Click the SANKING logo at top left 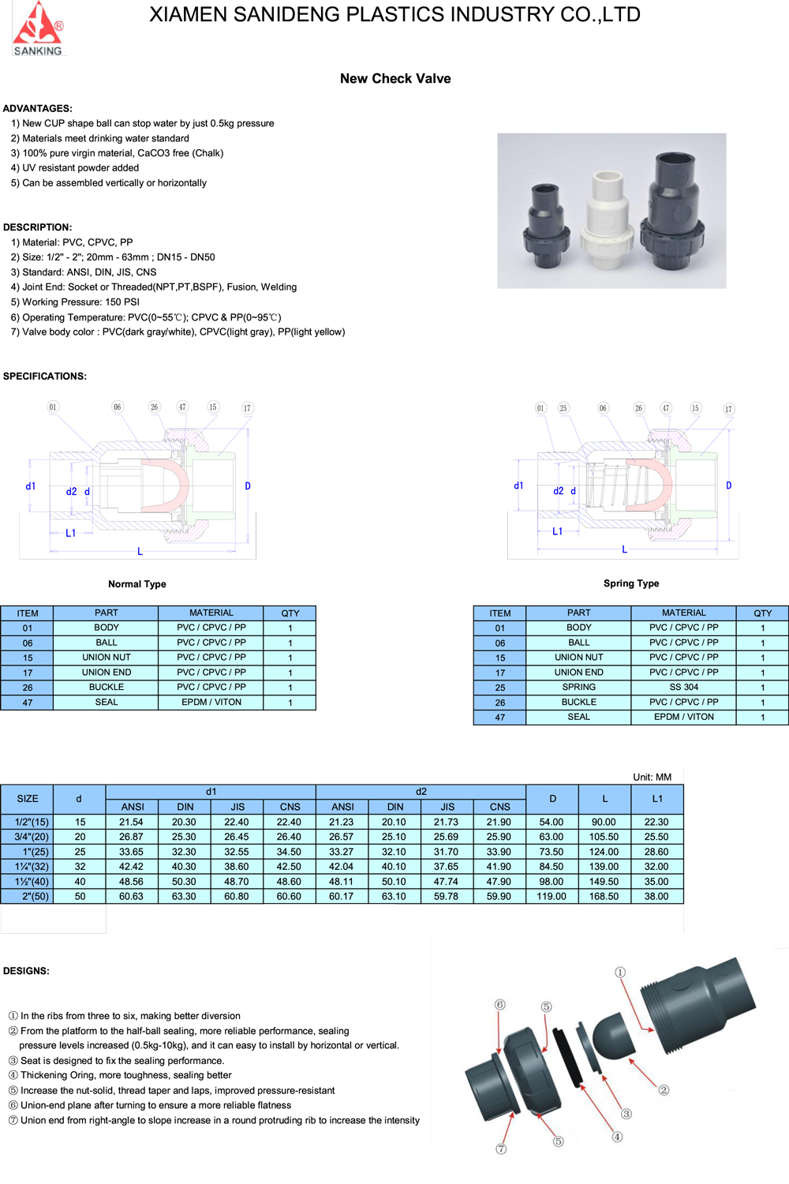pyautogui.click(x=37, y=29)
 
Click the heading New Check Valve pyautogui.click(x=395, y=79)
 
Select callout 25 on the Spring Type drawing pyautogui.click(x=563, y=408)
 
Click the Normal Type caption pyautogui.click(x=137, y=584)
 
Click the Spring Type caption pyautogui.click(x=631, y=583)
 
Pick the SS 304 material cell pyautogui.click(x=683, y=688)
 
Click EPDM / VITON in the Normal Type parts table pyautogui.click(x=211, y=703)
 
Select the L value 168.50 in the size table pyautogui.click(x=604, y=897)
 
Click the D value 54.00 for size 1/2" pyautogui.click(x=552, y=822)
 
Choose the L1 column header pyautogui.click(x=657, y=799)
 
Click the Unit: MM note pyautogui.click(x=652, y=777)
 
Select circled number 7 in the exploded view pyautogui.click(x=501, y=1149)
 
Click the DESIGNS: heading pyautogui.click(x=26, y=971)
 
